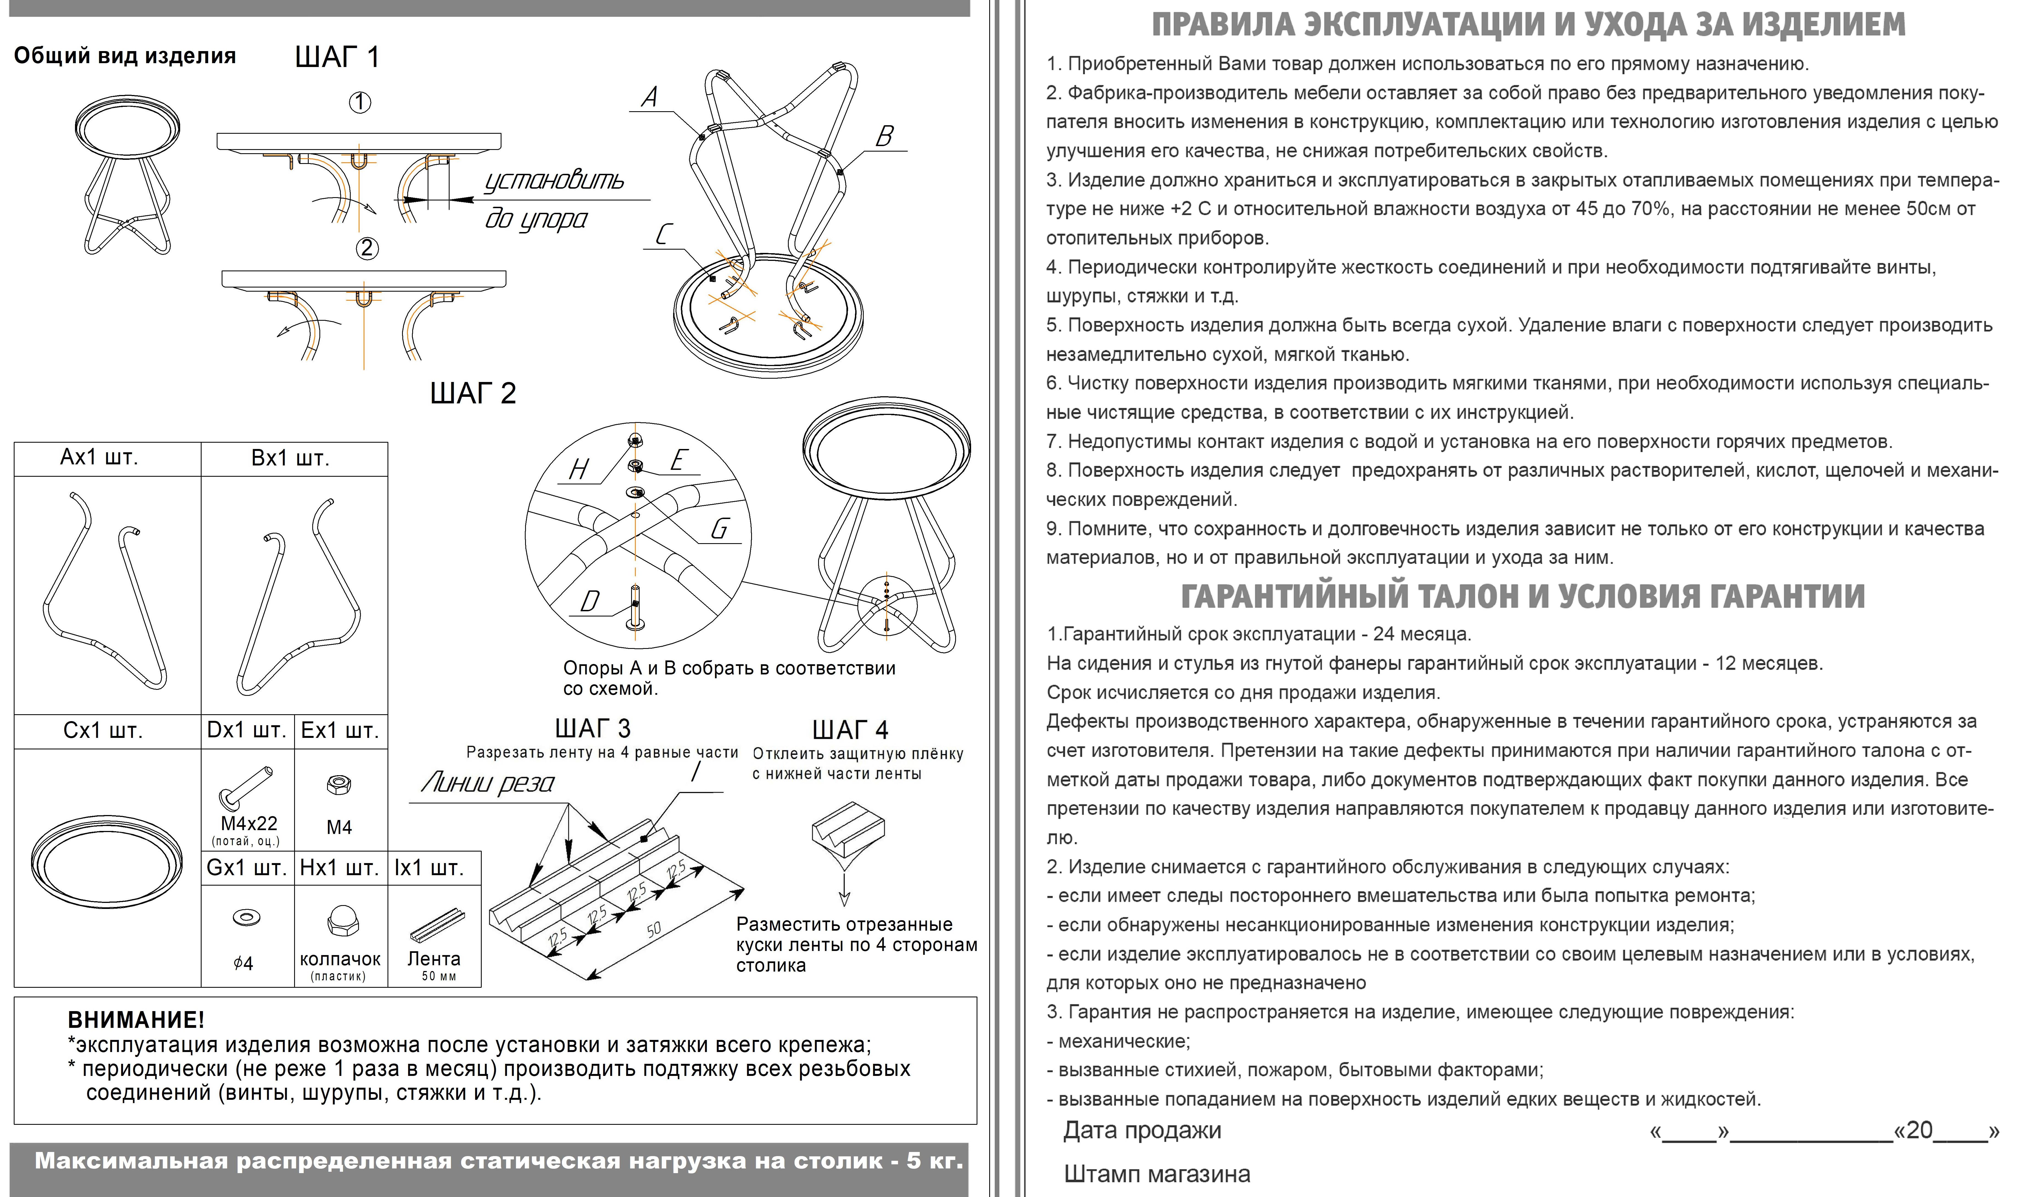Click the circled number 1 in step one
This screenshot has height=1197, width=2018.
(360, 102)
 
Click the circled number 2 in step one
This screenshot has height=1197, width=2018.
(367, 248)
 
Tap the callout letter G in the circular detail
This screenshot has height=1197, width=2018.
(719, 529)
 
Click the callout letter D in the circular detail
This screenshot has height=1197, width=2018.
(590, 601)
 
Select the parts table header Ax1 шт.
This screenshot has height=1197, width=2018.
(99, 458)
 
